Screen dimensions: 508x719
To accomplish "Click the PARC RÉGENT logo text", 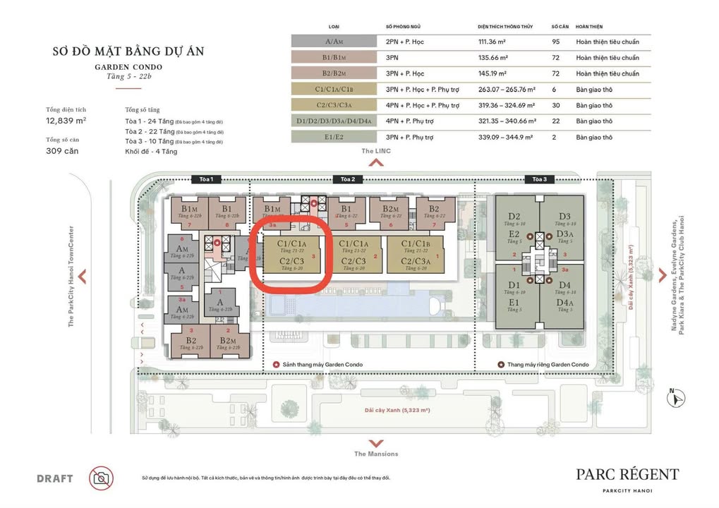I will (627, 474).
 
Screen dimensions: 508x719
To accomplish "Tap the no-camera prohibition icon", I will (101, 478).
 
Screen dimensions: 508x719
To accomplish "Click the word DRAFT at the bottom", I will (55, 478).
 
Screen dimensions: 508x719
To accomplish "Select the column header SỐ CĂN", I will (559, 25).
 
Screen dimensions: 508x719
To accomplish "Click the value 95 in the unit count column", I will (556, 42).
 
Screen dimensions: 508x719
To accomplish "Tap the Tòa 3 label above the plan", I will (540, 179).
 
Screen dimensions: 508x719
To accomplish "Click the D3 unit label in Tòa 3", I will (564, 217).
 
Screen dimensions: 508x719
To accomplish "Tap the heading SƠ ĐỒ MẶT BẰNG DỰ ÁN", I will (118, 52).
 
